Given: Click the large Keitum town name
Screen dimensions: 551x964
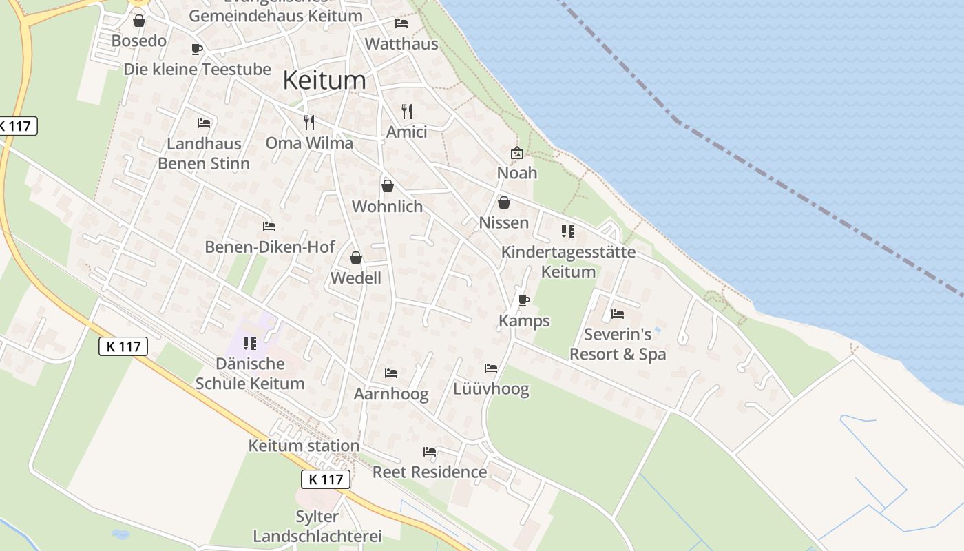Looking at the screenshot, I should tap(324, 81).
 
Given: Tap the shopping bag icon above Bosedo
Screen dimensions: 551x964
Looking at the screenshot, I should tap(139, 21).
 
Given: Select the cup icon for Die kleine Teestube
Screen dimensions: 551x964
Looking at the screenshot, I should tap(196, 49).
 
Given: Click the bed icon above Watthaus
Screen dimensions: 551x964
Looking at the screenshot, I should tap(401, 23).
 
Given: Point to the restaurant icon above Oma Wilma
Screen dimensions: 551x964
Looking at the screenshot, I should tap(309, 123).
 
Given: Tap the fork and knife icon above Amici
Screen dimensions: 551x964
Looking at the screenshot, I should tap(407, 111).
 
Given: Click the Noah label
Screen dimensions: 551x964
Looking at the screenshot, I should tap(517, 173).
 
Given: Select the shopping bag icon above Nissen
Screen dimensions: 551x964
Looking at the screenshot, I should tap(504, 202).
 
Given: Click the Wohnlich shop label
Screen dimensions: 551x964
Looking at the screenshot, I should tap(387, 207).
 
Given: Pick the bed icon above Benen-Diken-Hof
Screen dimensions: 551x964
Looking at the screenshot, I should tap(269, 226).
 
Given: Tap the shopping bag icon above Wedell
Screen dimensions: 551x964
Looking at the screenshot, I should tap(356, 258).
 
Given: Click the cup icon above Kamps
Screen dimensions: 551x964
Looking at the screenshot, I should tap(524, 300).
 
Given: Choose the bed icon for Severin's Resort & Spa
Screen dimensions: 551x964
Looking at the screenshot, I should tap(618, 314).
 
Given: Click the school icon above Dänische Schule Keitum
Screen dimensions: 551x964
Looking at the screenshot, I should tap(250, 343).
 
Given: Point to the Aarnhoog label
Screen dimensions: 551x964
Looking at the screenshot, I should tap(391, 394).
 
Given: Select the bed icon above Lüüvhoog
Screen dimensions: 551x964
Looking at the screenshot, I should tap(491, 368).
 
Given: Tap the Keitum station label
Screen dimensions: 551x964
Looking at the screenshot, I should tap(304, 446).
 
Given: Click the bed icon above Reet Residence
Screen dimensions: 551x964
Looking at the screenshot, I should tap(430, 452).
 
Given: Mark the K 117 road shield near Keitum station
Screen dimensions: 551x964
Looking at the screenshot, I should tap(326, 479).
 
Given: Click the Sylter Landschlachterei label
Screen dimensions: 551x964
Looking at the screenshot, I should tap(317, 526).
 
